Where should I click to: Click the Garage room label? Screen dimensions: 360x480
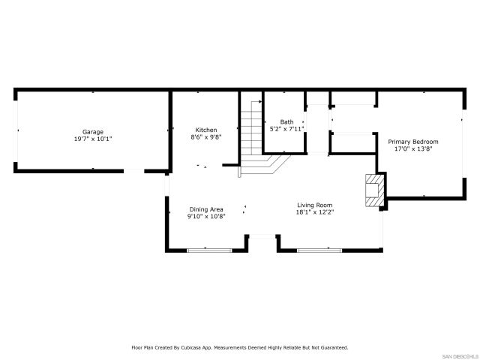click(93, 132)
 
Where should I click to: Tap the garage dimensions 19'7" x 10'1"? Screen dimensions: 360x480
click(93, 139)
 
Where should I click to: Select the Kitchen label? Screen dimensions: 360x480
click(206, 130)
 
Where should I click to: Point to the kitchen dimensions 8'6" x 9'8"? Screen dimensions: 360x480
click(206, 137)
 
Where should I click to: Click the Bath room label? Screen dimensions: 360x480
click(286, 121)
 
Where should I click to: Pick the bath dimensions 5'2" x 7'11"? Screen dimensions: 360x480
click(286, 128)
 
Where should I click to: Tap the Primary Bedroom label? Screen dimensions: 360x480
click(412, 141)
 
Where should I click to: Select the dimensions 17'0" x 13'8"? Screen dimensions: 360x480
click(412, 148)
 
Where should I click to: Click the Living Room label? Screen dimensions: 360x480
click(314, 205)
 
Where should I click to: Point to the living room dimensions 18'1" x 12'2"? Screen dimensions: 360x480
click(314, 212)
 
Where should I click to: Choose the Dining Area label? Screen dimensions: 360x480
click(205, 209)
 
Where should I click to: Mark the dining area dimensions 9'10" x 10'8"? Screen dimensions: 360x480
click(205, 217)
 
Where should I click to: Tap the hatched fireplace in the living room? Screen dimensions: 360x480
click(373, 190)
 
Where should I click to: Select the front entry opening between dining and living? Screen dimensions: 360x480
click(262, 237)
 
